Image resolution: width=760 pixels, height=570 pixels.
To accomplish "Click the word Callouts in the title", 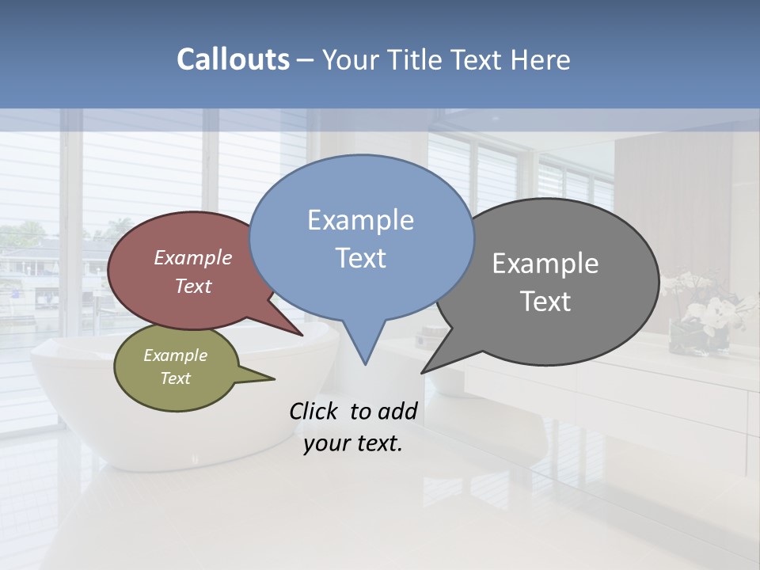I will (233, 59).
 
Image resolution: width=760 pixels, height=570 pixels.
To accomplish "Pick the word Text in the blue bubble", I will (360, 258).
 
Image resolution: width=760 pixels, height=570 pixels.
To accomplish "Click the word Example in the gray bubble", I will (545, 264).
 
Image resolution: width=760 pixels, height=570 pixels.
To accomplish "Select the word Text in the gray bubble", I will (545, 302).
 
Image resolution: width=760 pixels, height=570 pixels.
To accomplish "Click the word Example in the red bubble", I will (193, 257).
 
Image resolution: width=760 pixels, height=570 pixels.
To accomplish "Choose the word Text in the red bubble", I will (193, 286).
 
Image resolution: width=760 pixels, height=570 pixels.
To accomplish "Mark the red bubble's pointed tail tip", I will (302, 335).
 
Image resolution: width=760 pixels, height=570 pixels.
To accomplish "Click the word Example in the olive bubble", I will (176, 355).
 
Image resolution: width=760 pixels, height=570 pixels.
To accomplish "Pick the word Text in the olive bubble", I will (176, 378).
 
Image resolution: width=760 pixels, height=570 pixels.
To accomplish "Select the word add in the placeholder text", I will (397, 411).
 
